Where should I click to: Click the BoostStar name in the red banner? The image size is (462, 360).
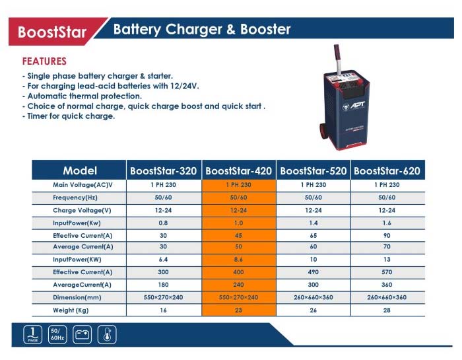[x=52, y=32]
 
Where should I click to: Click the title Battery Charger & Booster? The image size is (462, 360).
[x=202, y=29]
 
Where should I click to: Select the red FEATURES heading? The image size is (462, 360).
[x=44, y=61]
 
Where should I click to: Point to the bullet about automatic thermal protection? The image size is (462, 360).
[x=82, y=96]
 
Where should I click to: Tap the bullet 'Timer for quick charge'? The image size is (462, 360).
[x=69, y=116]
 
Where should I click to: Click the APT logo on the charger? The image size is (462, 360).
[x=354, y=106]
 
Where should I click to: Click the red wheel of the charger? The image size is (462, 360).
[x=323, y=131]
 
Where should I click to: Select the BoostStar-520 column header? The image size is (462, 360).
[x=313, y=170]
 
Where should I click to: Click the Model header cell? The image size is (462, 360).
[x=80, y=170]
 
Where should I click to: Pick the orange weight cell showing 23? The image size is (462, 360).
[x=239, y=310]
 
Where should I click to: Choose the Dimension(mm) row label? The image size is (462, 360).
[x=77, y=297]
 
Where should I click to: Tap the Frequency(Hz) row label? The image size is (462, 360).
[x=75, y=198]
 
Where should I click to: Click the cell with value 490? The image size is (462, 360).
[x=313, y=272]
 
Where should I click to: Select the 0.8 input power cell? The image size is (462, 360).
[x=163, y=223]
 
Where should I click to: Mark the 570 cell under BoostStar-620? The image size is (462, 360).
[x=387, y=272]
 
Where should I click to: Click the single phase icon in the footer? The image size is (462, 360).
[x=33, y=335]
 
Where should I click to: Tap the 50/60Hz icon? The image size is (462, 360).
[x=57, y=335]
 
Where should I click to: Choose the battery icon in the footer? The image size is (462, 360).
[x=82, y=335]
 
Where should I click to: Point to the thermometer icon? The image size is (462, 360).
[x=107, y=335]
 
